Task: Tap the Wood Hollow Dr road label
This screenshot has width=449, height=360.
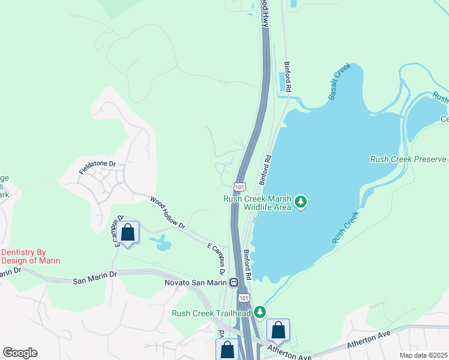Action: pos(167,212)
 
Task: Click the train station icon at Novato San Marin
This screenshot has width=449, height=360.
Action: pos(233,282)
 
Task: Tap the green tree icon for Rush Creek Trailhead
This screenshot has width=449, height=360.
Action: pos(260,312)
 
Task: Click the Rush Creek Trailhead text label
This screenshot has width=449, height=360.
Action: pos(211,313)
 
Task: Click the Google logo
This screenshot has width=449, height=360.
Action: pos(20,353)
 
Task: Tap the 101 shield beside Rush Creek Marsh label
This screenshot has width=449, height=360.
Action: pos(240,187)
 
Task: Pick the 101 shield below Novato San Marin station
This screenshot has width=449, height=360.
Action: pos(243,297)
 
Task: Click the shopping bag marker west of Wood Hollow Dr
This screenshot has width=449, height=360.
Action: pos(128,232)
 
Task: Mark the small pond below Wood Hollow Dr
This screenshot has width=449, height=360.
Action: pos(160,243)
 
